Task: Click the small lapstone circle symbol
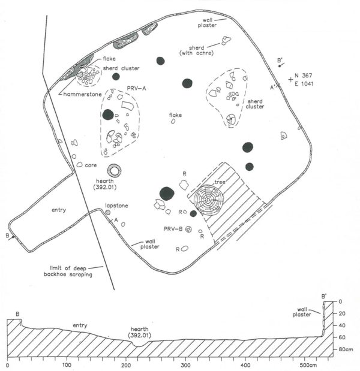pos(108,212)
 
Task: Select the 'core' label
pos(91,165)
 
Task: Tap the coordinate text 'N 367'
pos(304,76)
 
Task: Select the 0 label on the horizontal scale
pos(7,364)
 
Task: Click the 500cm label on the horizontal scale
pos(309,364)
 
